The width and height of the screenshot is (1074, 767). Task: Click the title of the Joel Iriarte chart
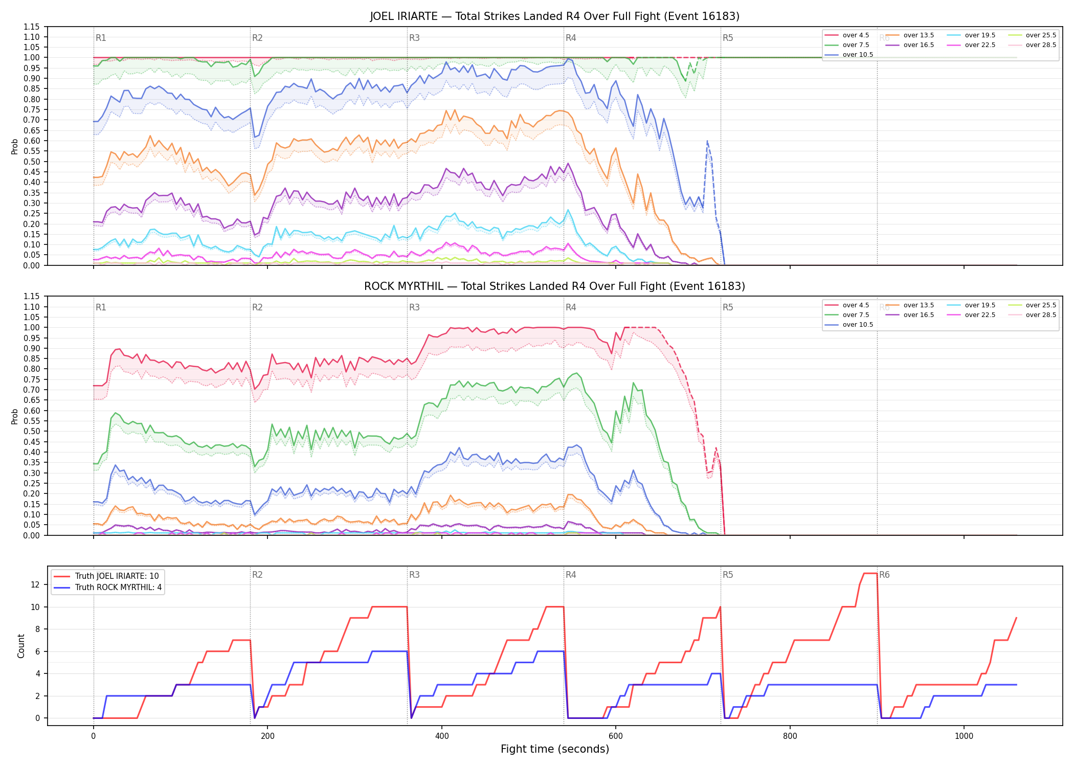click(555, 16)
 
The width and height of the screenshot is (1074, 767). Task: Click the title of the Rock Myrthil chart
click(555, 286)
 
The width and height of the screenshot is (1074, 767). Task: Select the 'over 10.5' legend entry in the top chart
click(849, 55)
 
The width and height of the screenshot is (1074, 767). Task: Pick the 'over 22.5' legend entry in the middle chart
click(971, 315)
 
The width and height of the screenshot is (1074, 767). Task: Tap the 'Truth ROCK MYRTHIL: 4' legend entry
click(108, 588)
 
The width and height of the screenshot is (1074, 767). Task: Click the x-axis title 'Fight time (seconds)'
click(555, 749)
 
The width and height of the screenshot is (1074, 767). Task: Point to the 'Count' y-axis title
click(21, 646)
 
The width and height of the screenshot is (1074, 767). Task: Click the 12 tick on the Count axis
click(36, 584)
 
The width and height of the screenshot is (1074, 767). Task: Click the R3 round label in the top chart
click(414, 38)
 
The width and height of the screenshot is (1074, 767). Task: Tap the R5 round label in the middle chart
click(728, 307)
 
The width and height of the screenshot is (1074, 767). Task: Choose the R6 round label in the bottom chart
click(884, 575)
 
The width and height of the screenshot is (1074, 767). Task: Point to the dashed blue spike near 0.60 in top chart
click(707, 141)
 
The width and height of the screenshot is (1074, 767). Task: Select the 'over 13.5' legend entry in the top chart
click(910, 35)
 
